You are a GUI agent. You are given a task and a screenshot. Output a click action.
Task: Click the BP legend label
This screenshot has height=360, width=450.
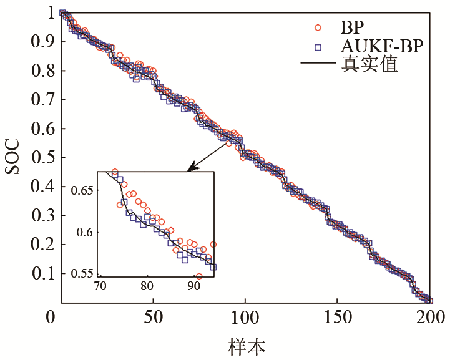pos(352,27)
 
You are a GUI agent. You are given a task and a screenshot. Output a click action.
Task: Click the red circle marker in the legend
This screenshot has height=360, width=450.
pos(318,27)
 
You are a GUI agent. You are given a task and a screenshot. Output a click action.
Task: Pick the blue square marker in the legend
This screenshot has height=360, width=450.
pos(318,47)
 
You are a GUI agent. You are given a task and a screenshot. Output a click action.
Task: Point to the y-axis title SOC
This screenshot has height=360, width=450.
pos(14,157)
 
